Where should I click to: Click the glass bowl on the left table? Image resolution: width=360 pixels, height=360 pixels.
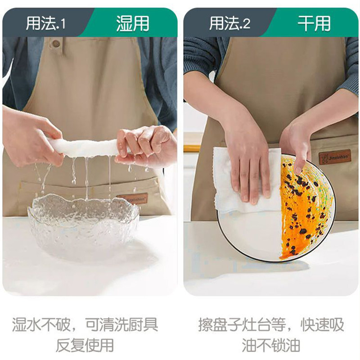[x=83, y=225]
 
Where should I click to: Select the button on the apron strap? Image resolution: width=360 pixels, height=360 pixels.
[x=56, y=44]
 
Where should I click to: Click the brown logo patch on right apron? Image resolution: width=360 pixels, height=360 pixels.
[x=335, y=157]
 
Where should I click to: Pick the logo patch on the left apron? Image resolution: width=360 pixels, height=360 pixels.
[x=133, y=198]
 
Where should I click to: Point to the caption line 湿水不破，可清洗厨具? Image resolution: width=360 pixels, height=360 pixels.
[x=85, y=324]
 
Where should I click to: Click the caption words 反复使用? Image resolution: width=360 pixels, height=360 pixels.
[x=85, y=345]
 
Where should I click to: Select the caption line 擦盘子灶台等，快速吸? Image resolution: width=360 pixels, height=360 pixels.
[x=271, y=324]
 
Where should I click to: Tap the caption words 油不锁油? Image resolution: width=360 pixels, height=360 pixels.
[x=271, y=345]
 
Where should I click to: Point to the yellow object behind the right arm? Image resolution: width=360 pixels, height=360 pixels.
[x=192, y=148]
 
